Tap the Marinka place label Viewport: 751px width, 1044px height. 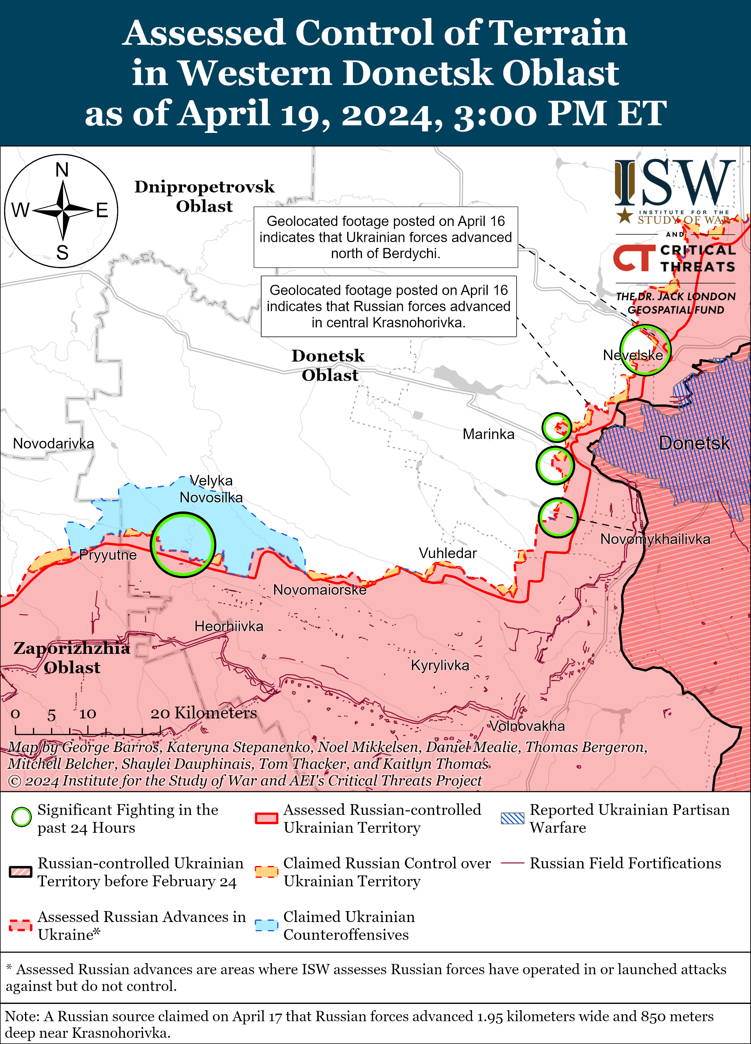click(488, 434)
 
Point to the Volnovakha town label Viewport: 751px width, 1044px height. click(527, 726)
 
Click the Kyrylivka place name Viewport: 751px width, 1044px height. click(440, 665)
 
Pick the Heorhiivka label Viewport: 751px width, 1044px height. click(229, 626)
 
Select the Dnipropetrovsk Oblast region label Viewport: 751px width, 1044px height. click(204, 196)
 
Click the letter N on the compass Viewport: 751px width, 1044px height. click(62, 170)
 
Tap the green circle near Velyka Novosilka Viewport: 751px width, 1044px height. click(183, 544)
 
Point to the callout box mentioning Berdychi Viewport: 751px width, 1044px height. click(386, 237)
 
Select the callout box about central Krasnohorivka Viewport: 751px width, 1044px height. click(388, 306)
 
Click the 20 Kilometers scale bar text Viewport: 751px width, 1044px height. click(204, 713)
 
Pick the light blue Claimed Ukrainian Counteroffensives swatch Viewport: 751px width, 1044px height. click(267, 925)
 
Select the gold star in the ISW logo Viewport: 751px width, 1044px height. click(624, 215)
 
